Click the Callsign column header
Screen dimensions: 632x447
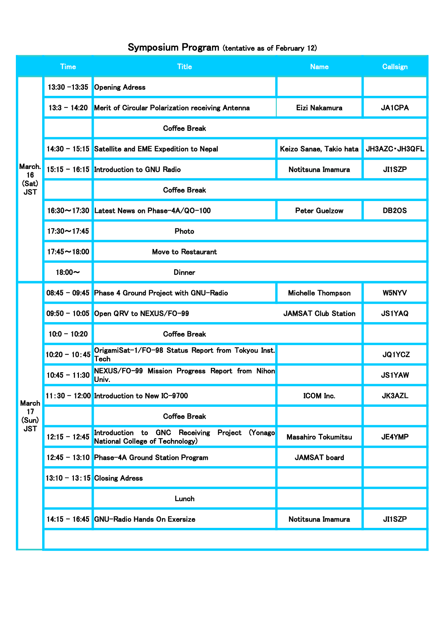click(x=395, y=67)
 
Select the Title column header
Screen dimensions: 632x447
click(x=184, y=67)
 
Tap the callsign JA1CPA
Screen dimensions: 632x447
click(x=395, y=108)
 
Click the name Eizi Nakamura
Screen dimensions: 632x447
click(x=319, y=108)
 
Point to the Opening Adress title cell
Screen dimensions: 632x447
click(x=120, y=87)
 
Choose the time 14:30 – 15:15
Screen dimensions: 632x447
click(x=68, y=149)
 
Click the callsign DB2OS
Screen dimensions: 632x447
click(x=395, y=210)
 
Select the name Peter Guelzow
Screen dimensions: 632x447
click(x=319, y=210)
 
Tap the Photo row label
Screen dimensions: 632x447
click(x=184, y=231)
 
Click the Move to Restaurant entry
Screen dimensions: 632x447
click(x=184, y=252)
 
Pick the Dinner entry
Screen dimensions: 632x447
click(x=184, y=272)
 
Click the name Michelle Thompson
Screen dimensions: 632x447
click(x=319, y=293)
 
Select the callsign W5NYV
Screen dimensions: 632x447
click(x=395, y=293)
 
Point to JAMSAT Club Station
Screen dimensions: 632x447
click(x=319, y=313)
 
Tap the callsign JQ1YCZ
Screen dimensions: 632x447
click(x=396, y=355)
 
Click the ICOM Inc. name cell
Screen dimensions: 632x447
click(x=319, y=396)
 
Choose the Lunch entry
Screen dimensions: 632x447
click(x=184, y=499)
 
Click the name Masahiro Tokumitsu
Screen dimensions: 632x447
click(x=319, y=437)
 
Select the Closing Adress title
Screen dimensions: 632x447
click(x=118, y=478)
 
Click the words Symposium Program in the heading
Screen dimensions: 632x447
click(x=173, y=48)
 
